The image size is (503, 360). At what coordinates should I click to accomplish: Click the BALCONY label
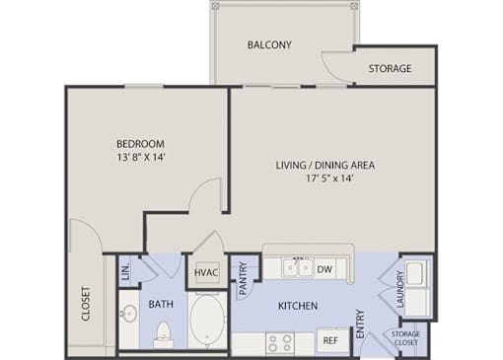coord(269,44)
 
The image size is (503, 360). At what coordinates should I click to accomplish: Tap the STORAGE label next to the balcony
coord(390,68)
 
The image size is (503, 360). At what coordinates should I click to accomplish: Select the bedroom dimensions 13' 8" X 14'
coord(141,157)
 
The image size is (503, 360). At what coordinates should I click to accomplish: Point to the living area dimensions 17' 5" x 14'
coord(329,179)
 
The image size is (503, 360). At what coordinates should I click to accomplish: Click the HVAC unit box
coord(206,272)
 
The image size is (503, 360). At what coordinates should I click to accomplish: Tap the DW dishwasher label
coord(324,269)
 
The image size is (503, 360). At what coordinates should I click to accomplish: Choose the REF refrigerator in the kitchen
coord(330,340)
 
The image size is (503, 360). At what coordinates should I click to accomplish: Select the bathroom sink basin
coord(128,313)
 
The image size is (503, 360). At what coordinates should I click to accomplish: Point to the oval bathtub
coord(208,320)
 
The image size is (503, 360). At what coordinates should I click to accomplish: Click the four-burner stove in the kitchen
coord(279,343)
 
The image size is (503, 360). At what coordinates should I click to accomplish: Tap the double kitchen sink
coord(297,267)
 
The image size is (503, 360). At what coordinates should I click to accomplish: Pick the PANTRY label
coord(244,278)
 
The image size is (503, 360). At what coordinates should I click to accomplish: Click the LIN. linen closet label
coord(125,272)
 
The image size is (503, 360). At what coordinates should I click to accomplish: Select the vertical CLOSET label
coord(86,304)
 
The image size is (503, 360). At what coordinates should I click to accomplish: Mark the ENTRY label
coord(361,324)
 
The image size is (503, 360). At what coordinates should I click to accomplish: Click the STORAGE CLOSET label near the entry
coord(405,338)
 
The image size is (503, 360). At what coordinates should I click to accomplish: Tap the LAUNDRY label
coord(400,289)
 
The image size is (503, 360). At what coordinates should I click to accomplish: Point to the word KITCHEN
coord(298,306)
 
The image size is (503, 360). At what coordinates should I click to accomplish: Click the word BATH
coord(161,304)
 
